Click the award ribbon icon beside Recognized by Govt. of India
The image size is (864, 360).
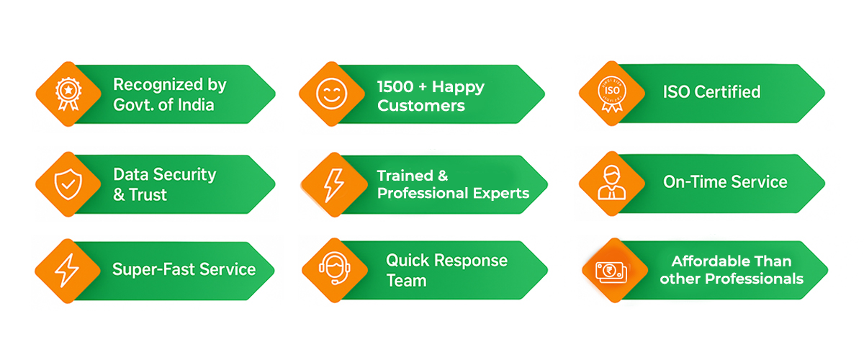coord(67,94)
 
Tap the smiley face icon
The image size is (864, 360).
coord(331,94)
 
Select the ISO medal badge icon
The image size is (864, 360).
coord(611,94)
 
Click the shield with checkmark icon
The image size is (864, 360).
coord(67,184)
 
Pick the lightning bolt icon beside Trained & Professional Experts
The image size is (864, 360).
coord(332,184)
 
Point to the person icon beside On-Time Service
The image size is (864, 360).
coord(611,184)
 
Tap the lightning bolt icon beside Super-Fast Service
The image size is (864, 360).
coord(67,271)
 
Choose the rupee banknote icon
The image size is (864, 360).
coord(611,271)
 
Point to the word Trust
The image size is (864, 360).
coord(148,194)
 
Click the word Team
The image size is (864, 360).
coord(408,280)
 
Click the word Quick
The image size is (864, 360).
coord(408,260)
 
